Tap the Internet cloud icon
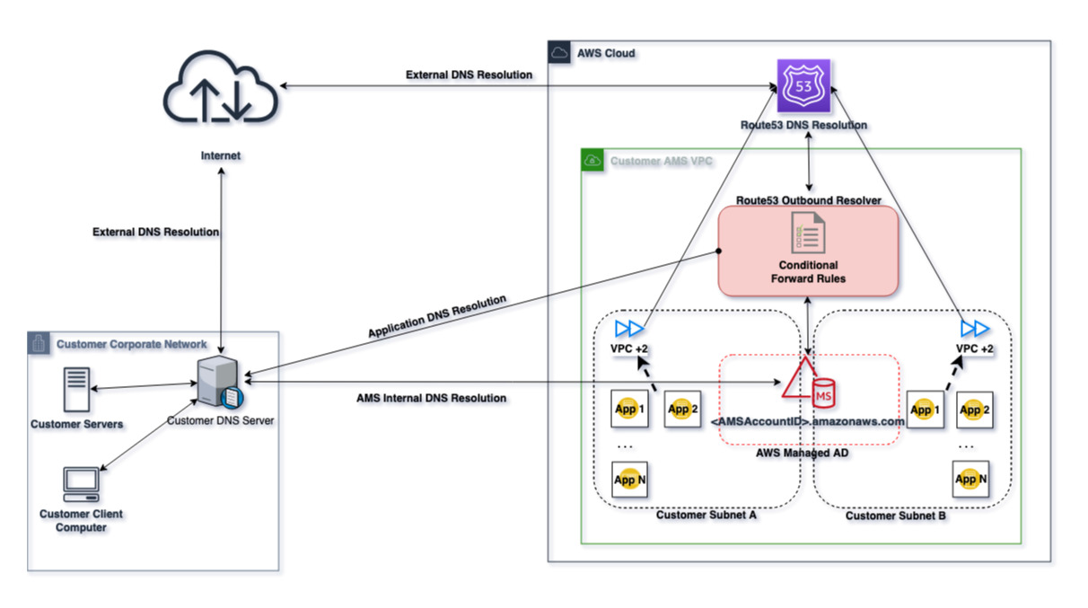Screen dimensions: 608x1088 click(x=220, y=89)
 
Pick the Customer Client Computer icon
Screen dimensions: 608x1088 click(x=81, y=485)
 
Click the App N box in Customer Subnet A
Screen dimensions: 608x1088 click(x=629, y=480)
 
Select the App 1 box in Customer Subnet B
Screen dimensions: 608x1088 click(x=925, y=410)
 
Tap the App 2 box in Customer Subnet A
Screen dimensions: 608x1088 click(x=682, y=410)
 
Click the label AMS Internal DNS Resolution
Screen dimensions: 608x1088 click(x=432, y=398)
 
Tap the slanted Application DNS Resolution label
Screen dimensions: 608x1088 click(x=437, y=316)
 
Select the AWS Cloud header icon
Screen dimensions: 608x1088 click(x=558, y=53)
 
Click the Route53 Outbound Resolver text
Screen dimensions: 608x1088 click(x=808, y=199)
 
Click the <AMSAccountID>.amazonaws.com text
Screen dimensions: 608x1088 click(x=807, y=422)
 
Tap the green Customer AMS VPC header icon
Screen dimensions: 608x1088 click(x=592, y=161)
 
